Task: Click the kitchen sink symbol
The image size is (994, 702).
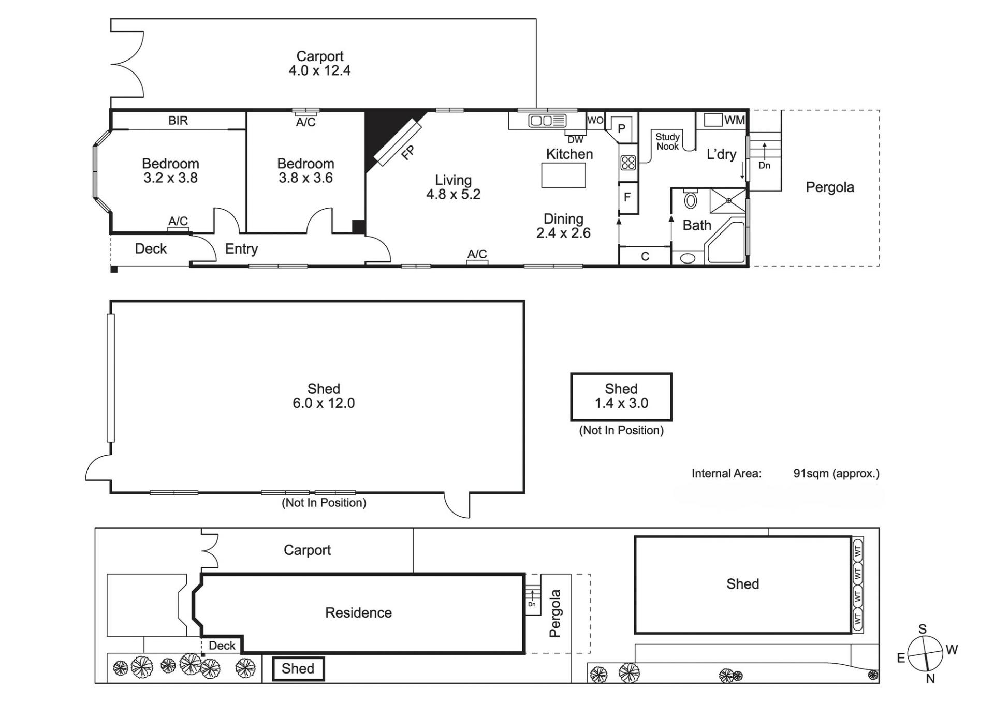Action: [547, 121]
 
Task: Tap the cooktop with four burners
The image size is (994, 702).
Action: [628, 163]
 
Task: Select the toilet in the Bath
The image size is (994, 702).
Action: [691, 199]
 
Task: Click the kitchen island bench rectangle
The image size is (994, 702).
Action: [563, 175]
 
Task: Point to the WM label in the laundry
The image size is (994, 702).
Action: [734, 120]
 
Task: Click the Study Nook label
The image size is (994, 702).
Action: [667, 141]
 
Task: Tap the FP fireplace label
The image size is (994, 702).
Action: [408, 152]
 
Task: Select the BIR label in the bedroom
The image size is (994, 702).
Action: [178, 121]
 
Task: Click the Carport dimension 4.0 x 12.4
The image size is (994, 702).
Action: [319, 70]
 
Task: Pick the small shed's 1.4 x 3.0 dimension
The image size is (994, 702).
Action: [621, 403]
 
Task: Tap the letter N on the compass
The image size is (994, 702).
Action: [930, 679]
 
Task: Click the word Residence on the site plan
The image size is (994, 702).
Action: [358, 613]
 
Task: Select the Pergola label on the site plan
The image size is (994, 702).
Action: [554, 613]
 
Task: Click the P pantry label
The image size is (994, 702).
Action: [622, 129]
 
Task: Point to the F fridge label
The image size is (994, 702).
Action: [627, 197]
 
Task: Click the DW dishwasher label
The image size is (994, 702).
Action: [575, 140]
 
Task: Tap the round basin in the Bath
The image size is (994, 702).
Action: [688, 258]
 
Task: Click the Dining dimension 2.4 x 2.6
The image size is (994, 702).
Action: [563, 233]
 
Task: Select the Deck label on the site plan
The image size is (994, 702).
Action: [222, 646]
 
